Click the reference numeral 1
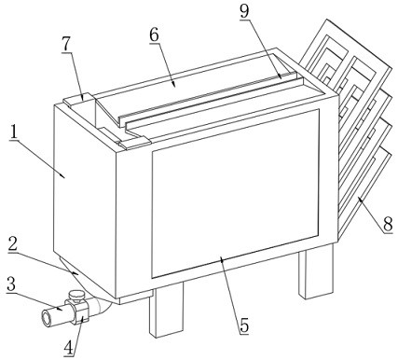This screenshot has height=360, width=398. point(13,132)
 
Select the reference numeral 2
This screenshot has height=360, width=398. point(12,245)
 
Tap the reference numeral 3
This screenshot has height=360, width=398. point(11,284)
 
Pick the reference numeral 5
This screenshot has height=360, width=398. point(244,326)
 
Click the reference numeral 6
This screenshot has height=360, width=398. point(154,35)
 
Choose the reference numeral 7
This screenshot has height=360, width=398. point(66,46)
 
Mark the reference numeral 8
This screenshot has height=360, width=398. point(388,224)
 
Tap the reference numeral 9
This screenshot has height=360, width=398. point(244,12)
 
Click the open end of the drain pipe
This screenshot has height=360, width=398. point(48,318)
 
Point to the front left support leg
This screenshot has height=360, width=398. point(166,310)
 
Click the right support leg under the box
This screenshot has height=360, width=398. point(316,271)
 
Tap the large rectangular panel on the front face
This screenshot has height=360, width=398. point(236,193)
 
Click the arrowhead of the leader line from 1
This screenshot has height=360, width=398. point(64,177)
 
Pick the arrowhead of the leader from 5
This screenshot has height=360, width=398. point(221,258)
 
